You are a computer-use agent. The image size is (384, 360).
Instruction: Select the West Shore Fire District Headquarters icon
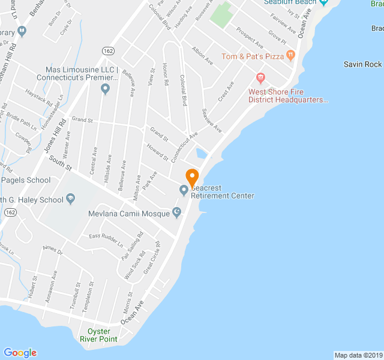260,77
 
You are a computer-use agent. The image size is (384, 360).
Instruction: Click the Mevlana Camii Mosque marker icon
176,212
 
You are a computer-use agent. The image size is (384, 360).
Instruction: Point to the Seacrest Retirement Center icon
184,191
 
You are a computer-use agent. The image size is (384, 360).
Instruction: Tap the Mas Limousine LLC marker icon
106,90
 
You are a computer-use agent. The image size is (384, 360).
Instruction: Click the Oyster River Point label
100,335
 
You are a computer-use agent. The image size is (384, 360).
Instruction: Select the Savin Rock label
363,64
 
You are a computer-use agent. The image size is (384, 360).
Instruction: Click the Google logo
20,352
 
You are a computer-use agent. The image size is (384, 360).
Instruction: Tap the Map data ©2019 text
358,355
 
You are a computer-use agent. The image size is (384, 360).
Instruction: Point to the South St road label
61,162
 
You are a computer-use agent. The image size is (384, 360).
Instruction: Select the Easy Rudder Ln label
106,241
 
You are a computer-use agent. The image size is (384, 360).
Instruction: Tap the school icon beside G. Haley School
70,199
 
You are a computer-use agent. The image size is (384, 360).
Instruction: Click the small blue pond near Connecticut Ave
201,153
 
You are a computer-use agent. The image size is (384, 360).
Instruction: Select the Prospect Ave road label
249,37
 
